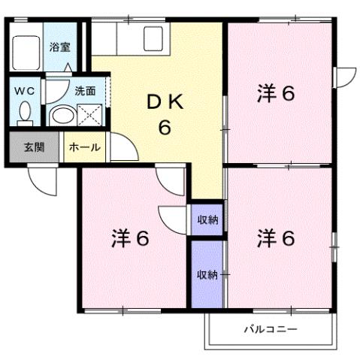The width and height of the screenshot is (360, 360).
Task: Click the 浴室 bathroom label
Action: [x=59, y=47]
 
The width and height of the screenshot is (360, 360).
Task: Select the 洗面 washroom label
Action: [x=85, y=89]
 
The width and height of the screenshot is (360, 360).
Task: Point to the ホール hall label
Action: [x=84, y=147]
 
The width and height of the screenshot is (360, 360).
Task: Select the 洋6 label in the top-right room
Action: [x=276, y=94]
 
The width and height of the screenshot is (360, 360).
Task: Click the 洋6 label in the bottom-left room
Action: [x=131, y=239]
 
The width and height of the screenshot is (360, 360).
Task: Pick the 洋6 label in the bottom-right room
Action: [x=276, y=239]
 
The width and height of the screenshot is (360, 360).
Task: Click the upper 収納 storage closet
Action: [x=207, y=220]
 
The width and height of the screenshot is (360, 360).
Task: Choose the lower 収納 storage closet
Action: [x=207, y=274]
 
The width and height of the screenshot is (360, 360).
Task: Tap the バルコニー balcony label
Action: [x=271, y=329]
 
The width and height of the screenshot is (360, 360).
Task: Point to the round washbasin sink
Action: [x=62, y=116]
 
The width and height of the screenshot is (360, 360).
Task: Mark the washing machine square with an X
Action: [x=92, y=116]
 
